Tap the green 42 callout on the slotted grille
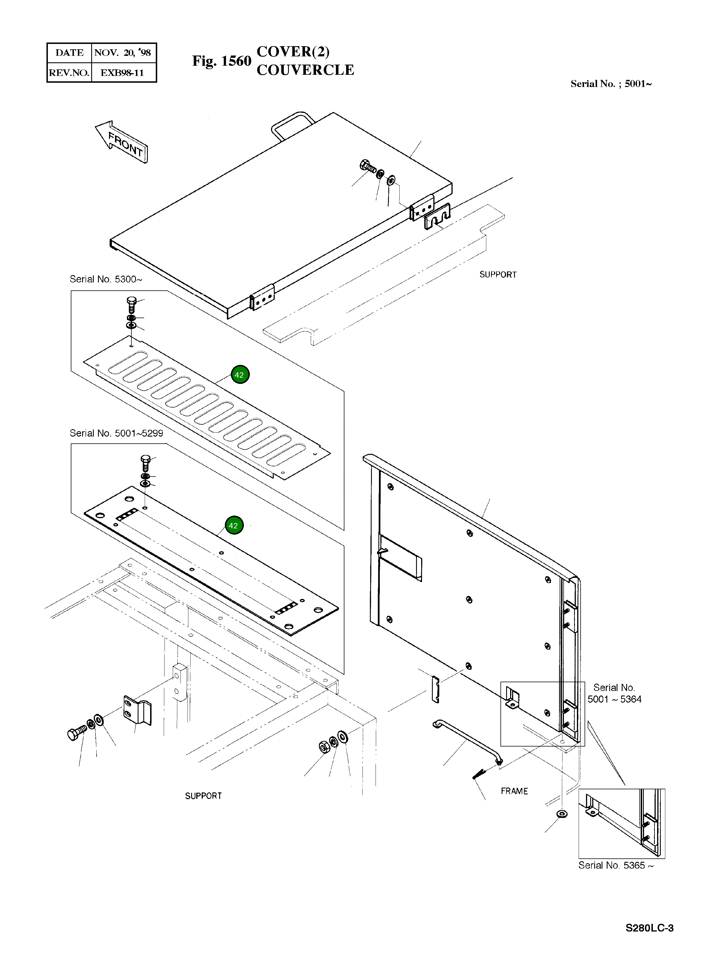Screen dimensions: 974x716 [240, 375]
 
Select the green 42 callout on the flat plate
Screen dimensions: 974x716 [234, 525]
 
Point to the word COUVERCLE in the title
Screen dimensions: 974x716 [305, 70]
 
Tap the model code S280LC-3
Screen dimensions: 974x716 [649, 940]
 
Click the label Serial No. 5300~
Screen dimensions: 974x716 [106, 279]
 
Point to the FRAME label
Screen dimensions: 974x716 [514, 791]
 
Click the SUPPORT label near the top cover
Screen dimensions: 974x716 [498, 275]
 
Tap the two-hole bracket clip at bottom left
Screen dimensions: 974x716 [137, 710]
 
